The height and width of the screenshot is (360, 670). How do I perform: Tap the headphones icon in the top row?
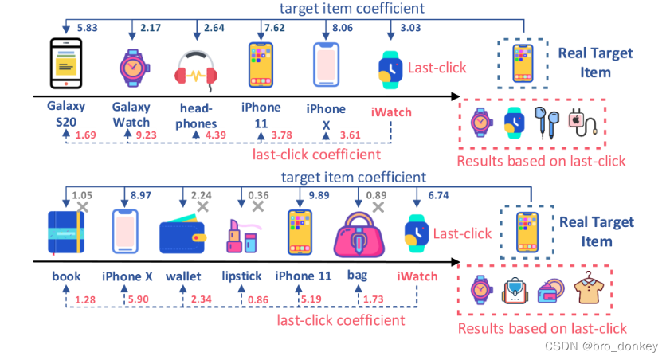(x=195, y=72)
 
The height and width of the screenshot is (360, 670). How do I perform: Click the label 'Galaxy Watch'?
(x=131, y=115)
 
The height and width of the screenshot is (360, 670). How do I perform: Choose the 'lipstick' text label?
(x=242, y=276)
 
